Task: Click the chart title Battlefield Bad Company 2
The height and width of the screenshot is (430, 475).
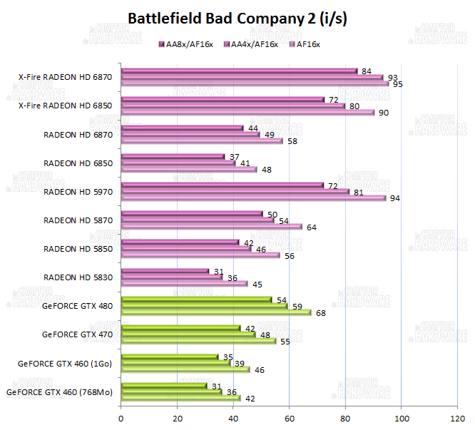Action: pyautogui.click(x=237, y=19)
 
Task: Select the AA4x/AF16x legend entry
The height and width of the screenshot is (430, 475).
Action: pyautogui.click(x=253, y=44)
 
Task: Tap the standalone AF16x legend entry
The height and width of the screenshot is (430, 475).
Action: pyautogui.click(x=308, y=44)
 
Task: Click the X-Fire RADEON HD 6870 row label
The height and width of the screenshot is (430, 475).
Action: pyautogui.click(x=65, y=77)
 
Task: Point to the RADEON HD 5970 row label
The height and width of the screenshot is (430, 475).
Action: pyautogui.click(x=78, y=191)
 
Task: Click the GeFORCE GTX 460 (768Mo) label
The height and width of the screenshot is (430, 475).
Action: pyautogui.click(x=59, y=391)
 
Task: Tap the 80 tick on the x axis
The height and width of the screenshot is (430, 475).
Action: pyautogui.click(x=345, y=418)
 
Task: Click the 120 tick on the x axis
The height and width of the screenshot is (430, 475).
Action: pyautogui.click(x=457, y=418)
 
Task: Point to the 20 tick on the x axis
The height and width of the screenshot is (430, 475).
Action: pyautogui.click(x=177, y=418)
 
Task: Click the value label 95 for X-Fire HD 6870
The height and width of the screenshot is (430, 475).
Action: pyautogui.click(x=397, y=84)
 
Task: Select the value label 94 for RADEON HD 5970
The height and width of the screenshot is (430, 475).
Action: pyautogui.click(x=394, y=198)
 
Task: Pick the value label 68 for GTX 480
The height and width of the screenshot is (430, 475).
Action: pyautogui.click(x=321, y=312)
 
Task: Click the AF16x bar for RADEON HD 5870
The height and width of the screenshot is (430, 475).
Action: pyautogui.click(x=211, y=227)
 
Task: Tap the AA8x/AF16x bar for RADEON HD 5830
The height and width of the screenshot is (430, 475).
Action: pyautogui.click(x=165, y=271)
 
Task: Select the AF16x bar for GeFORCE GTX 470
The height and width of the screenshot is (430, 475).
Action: pyautogui.click(x=198, y=341)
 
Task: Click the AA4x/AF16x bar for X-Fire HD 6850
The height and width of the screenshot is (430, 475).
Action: pyautogui.click(x=233, y=106)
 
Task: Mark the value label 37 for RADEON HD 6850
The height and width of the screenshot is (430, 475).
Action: pyautogui.click(x=231, y=156)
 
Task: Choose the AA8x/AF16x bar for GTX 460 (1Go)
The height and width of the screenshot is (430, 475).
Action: pyautogui.click(x=170, y=357)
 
